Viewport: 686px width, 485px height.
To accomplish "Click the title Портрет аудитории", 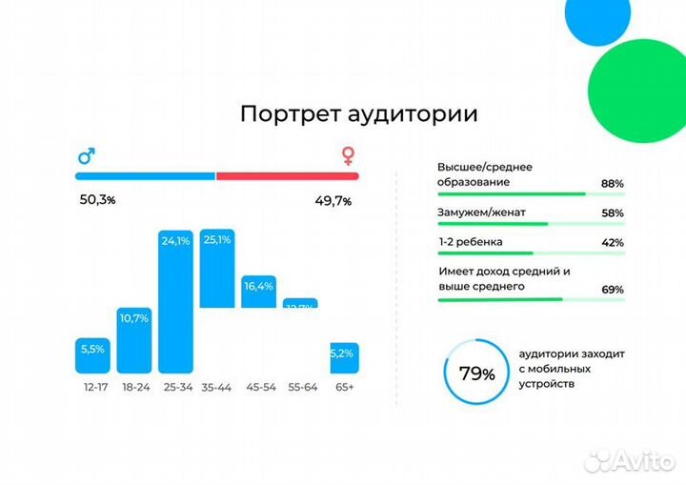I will (x=358, y=114).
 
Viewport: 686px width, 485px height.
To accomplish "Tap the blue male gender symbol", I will (x=86, y=156).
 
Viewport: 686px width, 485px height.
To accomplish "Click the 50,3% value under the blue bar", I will (x=96, y=200).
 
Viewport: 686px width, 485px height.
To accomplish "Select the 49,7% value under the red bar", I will (x=333, y=201).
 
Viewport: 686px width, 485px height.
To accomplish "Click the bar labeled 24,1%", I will (x=175, y=301).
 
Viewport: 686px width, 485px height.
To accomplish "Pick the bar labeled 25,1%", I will (x=216, y=269).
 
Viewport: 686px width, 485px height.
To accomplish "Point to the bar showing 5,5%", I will (x=92, y=355).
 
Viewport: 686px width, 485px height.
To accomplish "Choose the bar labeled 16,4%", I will (x=258, y=291).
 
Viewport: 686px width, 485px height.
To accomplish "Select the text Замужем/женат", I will (x=482, y=212).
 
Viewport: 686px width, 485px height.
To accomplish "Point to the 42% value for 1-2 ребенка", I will (x=612, y=243).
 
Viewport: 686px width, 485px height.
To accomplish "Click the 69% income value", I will (x=612, y=290).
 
